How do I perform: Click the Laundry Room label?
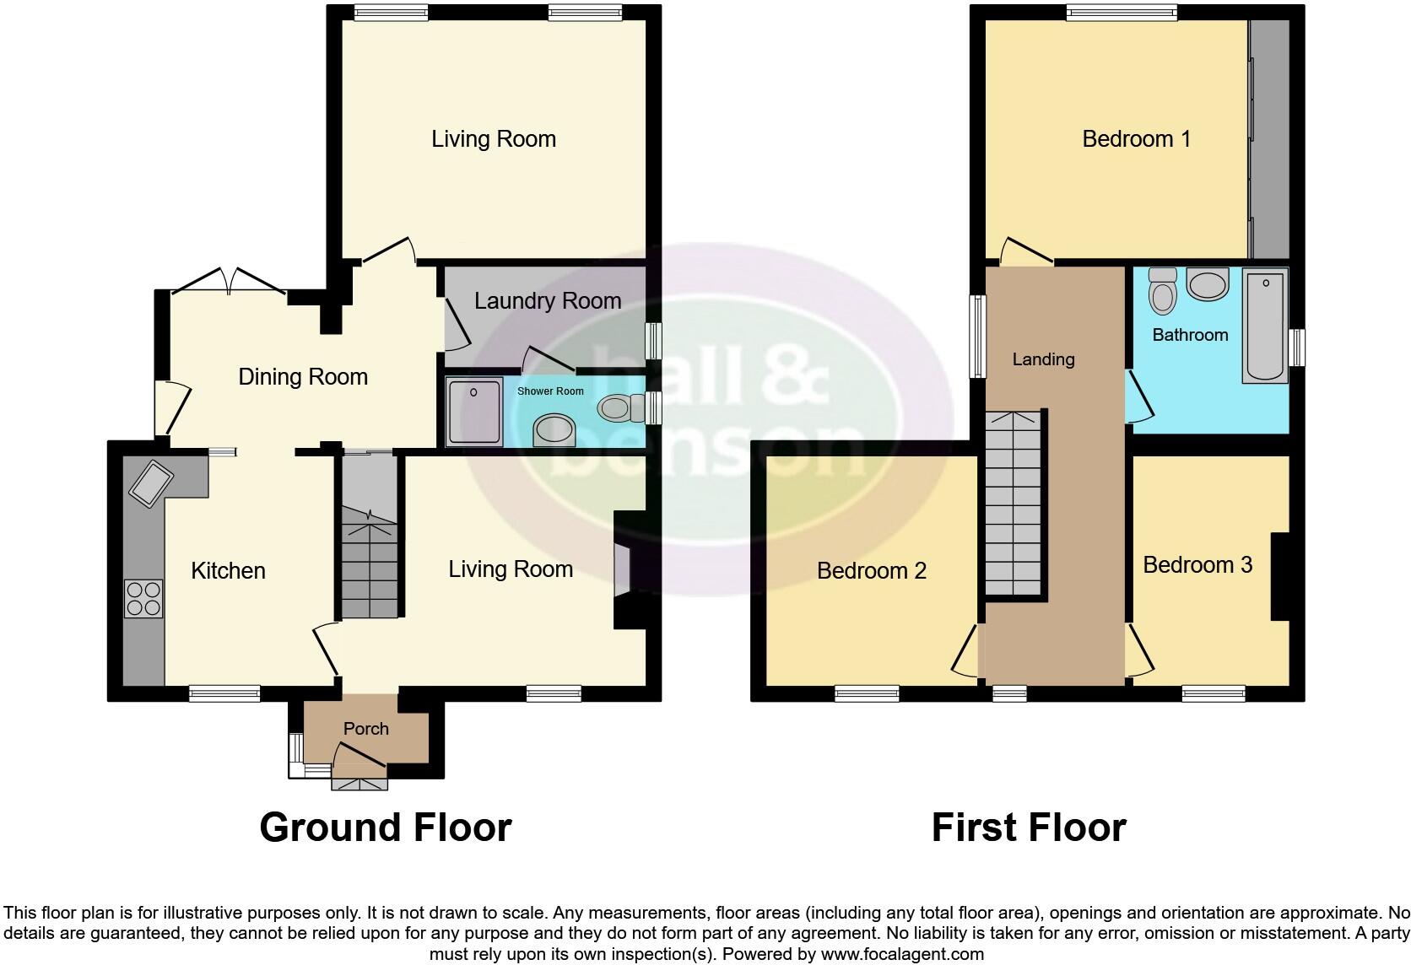tap(548, 301)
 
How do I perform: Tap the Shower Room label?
tap(550, 391)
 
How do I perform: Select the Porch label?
tap(366, 729)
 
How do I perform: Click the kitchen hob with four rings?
tap(143, 599)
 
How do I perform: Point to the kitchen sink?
tap(150, 483)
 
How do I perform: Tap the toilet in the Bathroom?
tap(1164, 290)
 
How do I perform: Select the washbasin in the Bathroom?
tap(1208, 283)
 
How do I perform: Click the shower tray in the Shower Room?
tap(474, 412)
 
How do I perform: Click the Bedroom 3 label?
tap(1197, 565)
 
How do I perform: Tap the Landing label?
tap(1043, 359)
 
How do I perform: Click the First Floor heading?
tap(1028, 828)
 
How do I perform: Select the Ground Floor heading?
tap(386, 828)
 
